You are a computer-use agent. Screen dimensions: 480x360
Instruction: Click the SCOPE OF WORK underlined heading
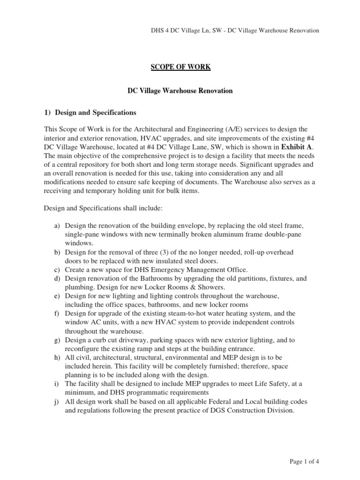pyautogui.click(x=180, y=67)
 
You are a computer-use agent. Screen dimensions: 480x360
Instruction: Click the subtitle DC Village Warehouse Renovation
pyautogui.click(x=180, y=90)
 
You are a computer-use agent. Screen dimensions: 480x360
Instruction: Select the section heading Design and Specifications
pyautogui.click(x=90, y=112)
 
